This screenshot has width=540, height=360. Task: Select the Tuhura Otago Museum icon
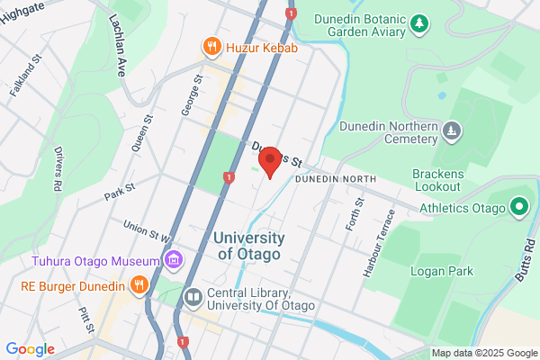(x=174, y=261)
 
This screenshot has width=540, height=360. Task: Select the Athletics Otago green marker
(x=518, y=209)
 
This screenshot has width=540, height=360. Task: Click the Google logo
(x=30, y=349)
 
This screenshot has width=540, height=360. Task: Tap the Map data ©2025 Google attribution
(x=482, y=352)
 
